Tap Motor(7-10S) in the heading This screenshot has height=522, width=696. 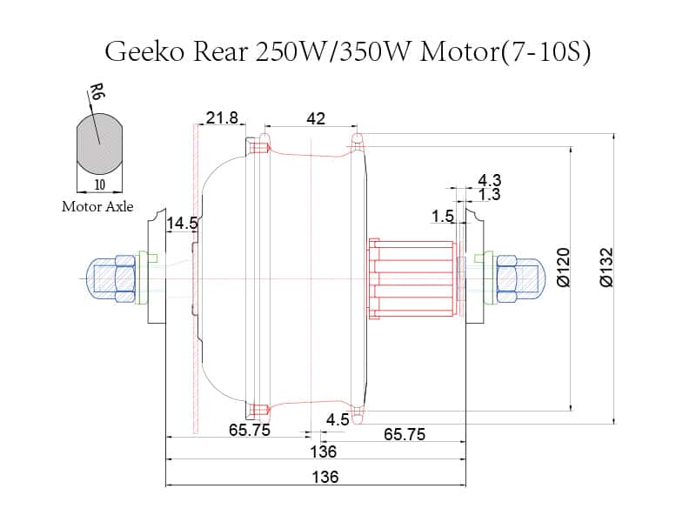point(506,51)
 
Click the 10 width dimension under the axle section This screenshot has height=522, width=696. point(99,184)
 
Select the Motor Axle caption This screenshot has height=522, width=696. point(97,207)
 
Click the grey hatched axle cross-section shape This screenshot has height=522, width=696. point(99,144)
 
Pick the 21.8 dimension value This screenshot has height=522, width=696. point(222,118)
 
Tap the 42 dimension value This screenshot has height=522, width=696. point(316,118)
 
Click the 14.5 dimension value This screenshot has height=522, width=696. point(183,224)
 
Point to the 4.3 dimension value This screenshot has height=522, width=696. point(490,180)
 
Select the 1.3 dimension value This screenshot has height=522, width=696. point(490,195)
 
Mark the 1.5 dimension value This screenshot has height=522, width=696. point(443,216)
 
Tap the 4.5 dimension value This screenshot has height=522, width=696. point(338,419)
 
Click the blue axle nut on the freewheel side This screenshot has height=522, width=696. point(505,278)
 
